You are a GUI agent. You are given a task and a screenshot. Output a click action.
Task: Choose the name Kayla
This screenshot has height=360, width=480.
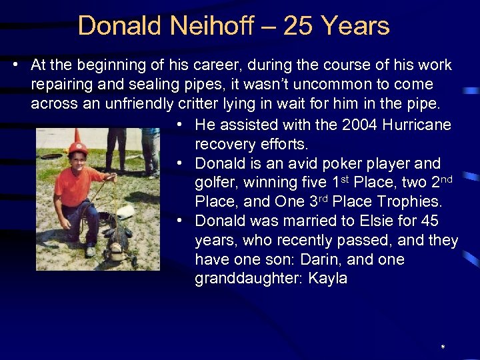[x=327, y=278]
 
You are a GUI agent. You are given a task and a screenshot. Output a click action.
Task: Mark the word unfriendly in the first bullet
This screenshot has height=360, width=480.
[x=137, y=104]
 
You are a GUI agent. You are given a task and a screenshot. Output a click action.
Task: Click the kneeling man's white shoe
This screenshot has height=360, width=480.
[x=90, y=251]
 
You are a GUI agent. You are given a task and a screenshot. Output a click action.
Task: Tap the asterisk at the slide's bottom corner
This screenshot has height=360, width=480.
[x=443, y=348]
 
